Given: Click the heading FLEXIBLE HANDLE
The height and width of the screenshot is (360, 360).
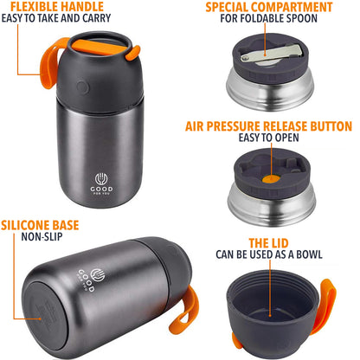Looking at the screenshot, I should point(52,8).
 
